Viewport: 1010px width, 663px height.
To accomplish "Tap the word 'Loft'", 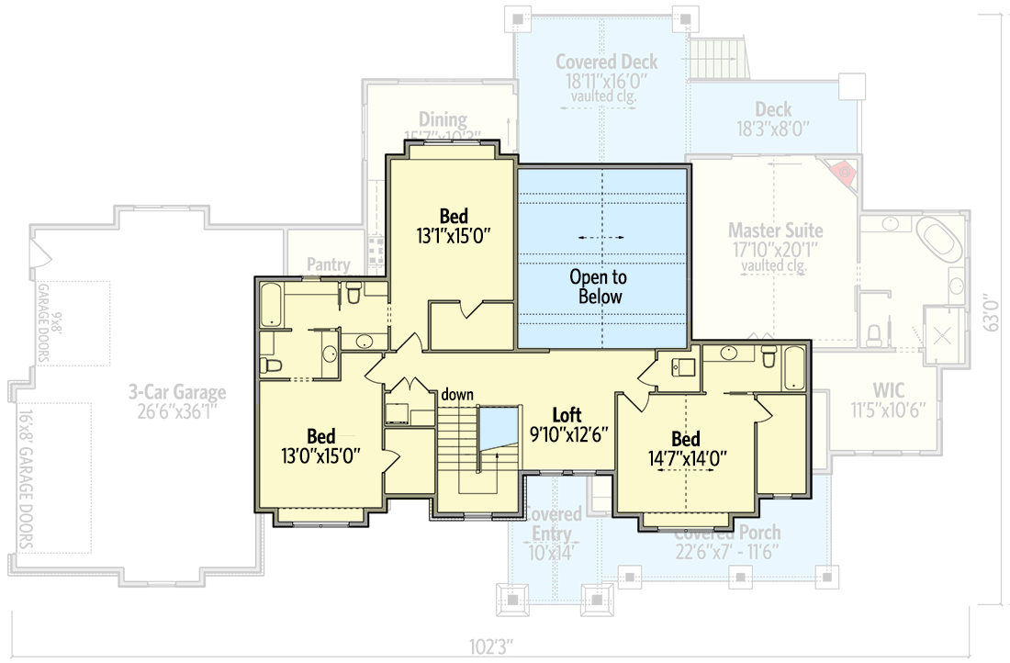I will point(567,415).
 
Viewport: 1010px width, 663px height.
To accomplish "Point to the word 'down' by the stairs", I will point(456,395).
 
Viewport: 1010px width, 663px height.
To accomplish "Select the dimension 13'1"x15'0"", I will point(453,235).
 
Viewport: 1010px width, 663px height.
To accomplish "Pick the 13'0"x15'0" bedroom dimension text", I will point(321,455).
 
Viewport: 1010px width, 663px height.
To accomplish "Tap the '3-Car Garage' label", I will point(177,393).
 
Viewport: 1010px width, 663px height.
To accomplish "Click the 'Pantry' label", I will point(329,265).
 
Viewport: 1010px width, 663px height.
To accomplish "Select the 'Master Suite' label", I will point(775,230).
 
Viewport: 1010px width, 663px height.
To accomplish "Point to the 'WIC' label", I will point(889,390).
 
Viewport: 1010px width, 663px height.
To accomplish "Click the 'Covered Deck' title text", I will point(606,62).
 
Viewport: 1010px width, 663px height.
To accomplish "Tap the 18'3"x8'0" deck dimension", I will point(772,129).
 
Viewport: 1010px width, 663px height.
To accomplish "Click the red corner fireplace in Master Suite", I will point(843,172).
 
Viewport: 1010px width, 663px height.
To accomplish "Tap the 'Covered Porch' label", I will point(727,533).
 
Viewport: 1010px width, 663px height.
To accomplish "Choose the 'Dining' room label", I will point(443,120).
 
